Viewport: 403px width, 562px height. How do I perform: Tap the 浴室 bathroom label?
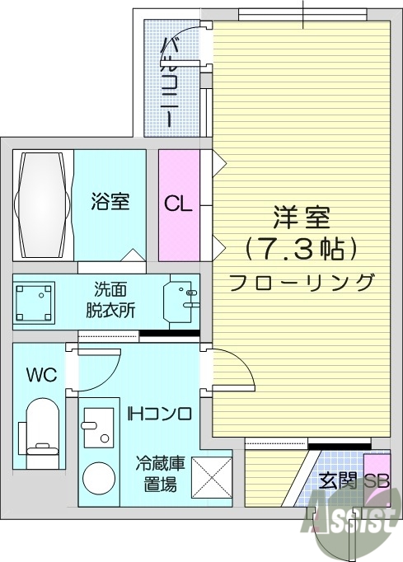tap(110, 202)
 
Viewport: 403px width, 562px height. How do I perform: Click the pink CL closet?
tap(179, 203)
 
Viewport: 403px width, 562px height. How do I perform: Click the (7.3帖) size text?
tap(302, 247)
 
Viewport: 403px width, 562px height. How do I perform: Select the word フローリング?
tap(302, 282)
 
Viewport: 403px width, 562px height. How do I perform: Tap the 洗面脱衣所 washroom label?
tap(111, 301)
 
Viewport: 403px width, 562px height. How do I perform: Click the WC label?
tap(41, 376)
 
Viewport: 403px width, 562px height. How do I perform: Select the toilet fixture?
tap(40, 429)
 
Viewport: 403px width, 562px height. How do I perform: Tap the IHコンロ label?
tap(159, 412)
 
